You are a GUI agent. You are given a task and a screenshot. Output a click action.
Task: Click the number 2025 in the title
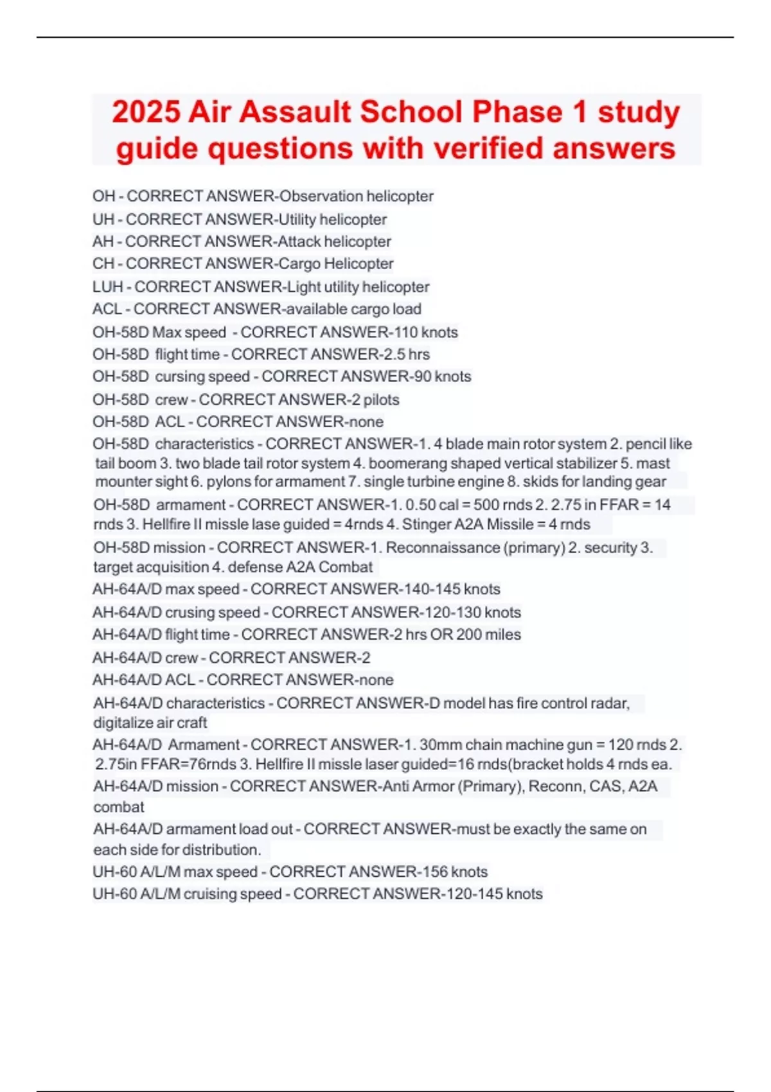tap(146, 112)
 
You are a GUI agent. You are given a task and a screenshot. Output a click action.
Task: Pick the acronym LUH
tap(107, 287)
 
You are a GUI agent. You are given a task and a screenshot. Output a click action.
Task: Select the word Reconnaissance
tap(443, 548)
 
